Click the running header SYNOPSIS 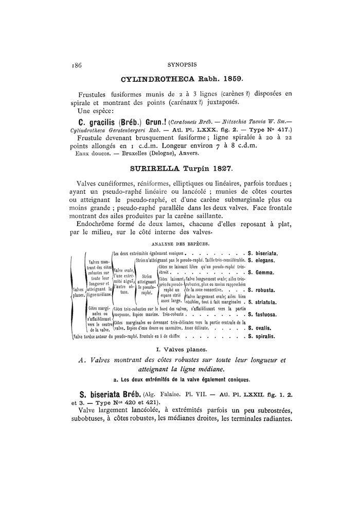180,65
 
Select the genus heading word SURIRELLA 152,168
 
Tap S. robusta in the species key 262,290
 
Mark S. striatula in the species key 263,303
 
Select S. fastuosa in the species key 263,314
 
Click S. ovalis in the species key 260,327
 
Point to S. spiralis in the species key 262,337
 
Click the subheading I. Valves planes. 180,350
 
